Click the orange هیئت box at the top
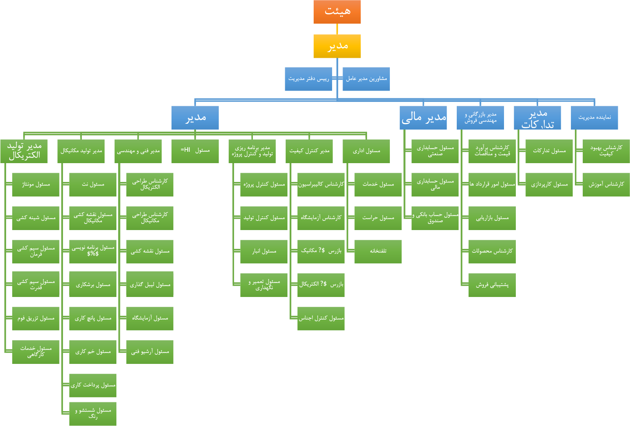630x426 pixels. point(337,12)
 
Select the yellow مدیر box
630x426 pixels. point(337,46)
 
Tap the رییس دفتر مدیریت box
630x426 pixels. point(308,79)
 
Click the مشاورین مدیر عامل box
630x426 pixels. point(366,79)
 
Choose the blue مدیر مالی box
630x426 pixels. point(423,118)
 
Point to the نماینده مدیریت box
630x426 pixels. point(594,118)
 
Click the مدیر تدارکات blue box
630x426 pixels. point(537,118)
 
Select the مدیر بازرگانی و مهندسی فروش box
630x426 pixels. point(480,118)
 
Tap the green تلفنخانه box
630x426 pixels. point(378,251)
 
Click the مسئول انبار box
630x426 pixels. point(264,251)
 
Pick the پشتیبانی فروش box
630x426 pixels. point(492,285)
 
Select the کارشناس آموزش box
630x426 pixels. point(606,185)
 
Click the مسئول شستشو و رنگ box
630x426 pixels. point(93,414)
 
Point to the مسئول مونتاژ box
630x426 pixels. point(36,185)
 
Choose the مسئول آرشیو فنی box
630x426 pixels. point(150,352)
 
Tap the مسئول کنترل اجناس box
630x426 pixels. point(321,318)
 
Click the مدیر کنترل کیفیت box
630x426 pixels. point(309,151)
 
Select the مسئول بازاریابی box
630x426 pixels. point(492,218)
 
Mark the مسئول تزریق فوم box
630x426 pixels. point(36,318)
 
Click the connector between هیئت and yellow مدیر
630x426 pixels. point(337,29)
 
